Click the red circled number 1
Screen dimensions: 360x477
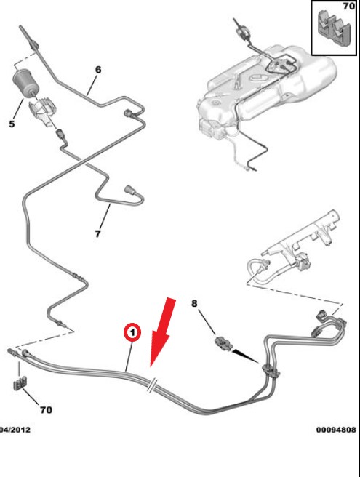click(x=132, y=332)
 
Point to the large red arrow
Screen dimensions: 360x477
click(x=162, y=332)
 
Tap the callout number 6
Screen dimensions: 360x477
click(x=98, y=70)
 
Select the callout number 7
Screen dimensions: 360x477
click(x=97, y=233)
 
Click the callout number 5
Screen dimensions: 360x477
click(x=12, y=124)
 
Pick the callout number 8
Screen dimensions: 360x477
click(x=194, y=304)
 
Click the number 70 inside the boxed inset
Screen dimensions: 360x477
click(x=349, y=6)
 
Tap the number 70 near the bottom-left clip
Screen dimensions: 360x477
click(x=46, y=410)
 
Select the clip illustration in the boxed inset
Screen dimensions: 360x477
click(x=334, y=28)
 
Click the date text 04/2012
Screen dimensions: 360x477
click(x=15, y=430)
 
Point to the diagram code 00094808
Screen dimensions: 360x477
click(x=336, y=430)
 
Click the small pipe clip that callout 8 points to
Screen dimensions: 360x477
click(x=225, y=344)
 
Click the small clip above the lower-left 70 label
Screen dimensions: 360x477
click(x=20, y=383)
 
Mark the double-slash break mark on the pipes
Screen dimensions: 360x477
click(x=152, y=385)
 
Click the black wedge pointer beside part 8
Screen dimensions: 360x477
click(x=245, y=356)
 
